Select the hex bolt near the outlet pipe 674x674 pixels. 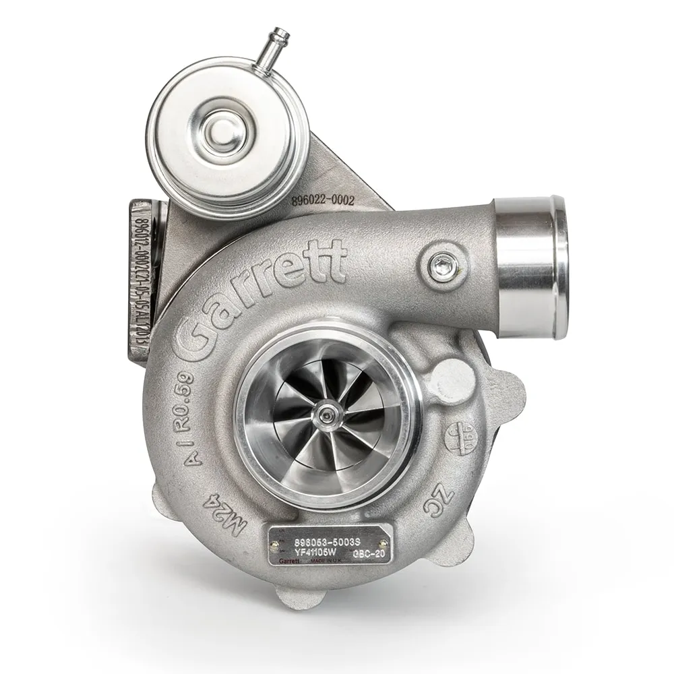pos(442,266)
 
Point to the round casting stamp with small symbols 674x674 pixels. pos(460,439)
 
